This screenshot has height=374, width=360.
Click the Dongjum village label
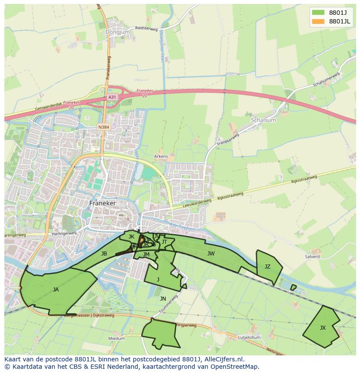coord(114,32)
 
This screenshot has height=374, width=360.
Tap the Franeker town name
coord(103,203)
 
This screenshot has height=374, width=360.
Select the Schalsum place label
coord(263,120)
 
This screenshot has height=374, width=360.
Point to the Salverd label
coord(312,257)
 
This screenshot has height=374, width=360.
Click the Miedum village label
coord(117,338)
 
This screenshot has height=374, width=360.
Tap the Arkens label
coord(161,156)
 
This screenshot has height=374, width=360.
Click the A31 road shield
coord(112,97)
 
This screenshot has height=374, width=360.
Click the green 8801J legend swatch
coord(318,12)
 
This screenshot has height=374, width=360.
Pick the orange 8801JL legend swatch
coord(318,21)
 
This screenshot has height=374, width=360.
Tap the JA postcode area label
coord(56,290)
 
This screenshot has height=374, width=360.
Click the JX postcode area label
coord(323,328)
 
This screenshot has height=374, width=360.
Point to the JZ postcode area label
coord(267,267)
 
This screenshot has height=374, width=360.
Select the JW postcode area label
coord(211,254)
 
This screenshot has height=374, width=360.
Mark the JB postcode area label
coord(104,254)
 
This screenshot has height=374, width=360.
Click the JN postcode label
coord(163,299)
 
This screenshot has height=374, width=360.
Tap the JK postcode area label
coord(131,237)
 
